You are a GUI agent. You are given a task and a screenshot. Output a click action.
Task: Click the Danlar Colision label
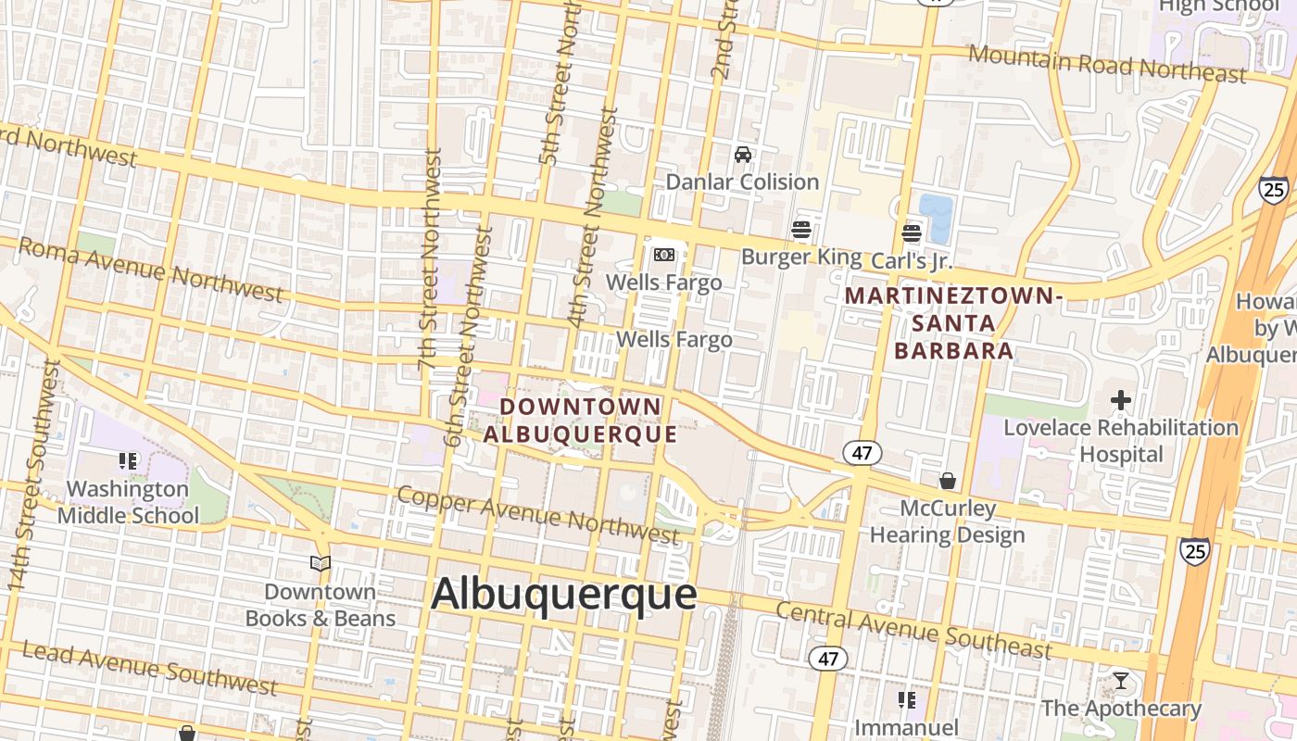[x=742, y=182]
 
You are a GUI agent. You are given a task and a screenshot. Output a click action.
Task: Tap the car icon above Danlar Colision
[x=742, y=155]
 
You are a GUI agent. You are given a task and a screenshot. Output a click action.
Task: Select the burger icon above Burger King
[x=801, y=230]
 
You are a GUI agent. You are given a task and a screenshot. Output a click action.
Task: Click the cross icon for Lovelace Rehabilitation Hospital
[x=1121, y=401]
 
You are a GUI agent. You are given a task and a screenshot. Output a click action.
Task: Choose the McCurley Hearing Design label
[x=947, y=521]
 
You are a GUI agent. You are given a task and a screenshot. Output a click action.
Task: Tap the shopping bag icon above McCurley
[x=947, y=481]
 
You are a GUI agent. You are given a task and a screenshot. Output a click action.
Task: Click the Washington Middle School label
[x=128, y=502]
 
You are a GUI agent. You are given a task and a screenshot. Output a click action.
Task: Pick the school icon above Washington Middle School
[x=128, y=460]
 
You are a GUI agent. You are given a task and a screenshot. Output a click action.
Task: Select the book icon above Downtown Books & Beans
[x=321, y=563]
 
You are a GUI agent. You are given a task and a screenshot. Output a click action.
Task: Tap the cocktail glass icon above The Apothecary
[x=1121, y=681]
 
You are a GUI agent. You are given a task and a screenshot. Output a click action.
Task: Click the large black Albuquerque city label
[x=563, y=594]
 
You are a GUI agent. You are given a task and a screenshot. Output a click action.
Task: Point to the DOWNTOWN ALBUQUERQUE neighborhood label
[x=581, y=420]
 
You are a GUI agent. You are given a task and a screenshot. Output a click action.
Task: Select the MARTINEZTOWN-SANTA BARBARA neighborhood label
[x=951, y=323]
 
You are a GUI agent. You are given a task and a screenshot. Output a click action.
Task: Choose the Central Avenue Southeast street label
[x=913, y=630]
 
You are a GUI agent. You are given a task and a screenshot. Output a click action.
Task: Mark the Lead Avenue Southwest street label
[x=148, y=667]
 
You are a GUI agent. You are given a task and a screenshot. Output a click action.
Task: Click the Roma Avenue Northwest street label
[x=150, y=269]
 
